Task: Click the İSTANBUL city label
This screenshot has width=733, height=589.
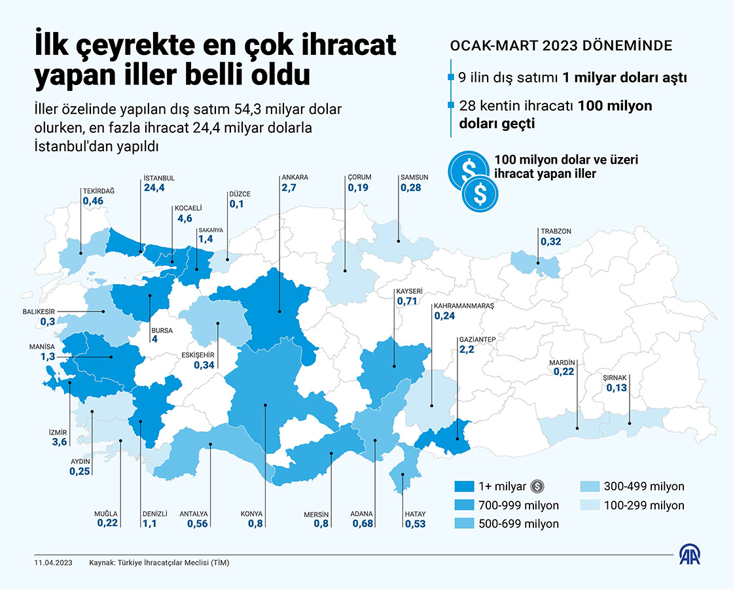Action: click(x=159, y=178)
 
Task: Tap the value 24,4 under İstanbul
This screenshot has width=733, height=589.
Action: click(x=154, y=188)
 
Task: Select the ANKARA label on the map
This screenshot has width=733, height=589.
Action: click(x=295, y=177)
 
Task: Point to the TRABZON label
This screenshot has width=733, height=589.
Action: click(x=556, y=231)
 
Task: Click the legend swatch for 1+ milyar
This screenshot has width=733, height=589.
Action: click(x=463, y=486)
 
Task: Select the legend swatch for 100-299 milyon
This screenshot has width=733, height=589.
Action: click(x=589, y=505)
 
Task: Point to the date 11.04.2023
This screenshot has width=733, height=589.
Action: click(x=52, y=563)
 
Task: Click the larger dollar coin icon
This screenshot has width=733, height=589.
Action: click(x=468, y=171)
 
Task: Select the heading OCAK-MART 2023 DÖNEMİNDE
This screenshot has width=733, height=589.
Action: click(x=562, y=46)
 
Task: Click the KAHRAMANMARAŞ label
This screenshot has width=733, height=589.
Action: click(x=463, y=306)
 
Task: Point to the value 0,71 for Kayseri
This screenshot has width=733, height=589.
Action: click(x=408, y=301)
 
